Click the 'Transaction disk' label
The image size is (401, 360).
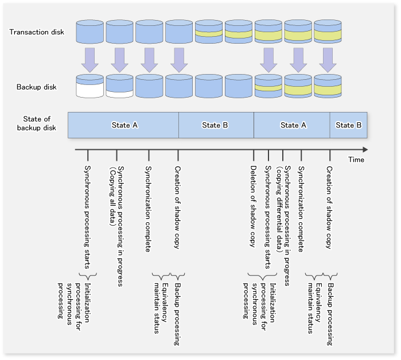click(37, 32)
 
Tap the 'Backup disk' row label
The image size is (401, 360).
click(37, 87)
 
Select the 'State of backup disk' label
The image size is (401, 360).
click(37, 123)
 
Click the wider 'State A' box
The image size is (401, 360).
click(123, 125)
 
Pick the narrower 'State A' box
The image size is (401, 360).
click(292, 125)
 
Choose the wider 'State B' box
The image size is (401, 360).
click(216, 125)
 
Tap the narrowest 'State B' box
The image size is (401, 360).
click(349, 125)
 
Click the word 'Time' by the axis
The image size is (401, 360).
click(356, 160)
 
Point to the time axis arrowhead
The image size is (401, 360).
click(365, 149)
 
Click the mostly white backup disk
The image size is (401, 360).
click(89, 86)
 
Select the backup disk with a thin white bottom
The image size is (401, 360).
click(120, 86)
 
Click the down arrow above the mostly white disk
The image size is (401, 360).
click(89, 60)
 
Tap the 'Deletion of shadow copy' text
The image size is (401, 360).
click(253, 206)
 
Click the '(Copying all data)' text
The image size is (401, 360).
click(112, 196)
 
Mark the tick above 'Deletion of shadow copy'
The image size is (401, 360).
click(254, 155)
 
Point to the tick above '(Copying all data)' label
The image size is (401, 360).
click(116, 155)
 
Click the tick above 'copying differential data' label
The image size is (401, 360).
click(283, 155)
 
